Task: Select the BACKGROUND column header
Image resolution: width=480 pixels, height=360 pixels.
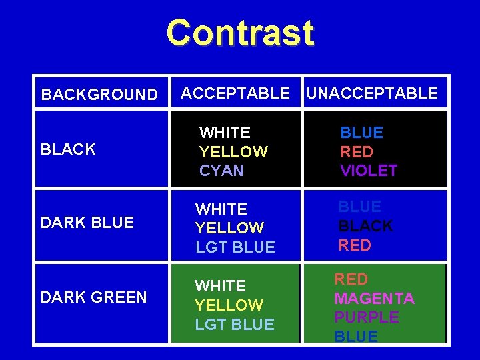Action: point(99,95)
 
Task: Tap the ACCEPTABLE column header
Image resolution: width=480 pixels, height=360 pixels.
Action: point(235,93)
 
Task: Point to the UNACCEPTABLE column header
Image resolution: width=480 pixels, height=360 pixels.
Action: point(371,93)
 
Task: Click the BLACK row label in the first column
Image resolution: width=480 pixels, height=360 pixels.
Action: point(68,149)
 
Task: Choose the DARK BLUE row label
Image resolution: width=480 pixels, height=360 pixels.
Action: point(87,223)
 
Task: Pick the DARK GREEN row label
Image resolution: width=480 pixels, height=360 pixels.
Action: point(94,297)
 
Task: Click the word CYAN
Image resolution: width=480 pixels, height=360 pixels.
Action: point(221,171)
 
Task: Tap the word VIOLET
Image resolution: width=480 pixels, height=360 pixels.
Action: point(369,171)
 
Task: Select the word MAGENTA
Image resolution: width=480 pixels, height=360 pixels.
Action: point(374,298)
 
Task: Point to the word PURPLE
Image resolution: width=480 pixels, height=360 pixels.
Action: point(367,317)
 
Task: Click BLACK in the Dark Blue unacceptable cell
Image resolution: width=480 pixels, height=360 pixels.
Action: point(365,226)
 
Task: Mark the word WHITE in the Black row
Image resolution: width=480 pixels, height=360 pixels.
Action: point(225,133)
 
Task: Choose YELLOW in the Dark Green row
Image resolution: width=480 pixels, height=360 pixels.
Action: point(229,305)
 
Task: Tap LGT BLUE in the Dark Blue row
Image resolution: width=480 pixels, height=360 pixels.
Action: point(235,247)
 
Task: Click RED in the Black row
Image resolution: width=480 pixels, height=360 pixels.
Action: point(357,152)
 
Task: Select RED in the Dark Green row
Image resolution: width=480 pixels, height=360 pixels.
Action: point(351,279)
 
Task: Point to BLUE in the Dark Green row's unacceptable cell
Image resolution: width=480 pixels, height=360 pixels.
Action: point(356,337)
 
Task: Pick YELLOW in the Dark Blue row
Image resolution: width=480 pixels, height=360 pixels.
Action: point(229,228)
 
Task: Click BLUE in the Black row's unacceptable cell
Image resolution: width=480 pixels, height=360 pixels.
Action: point(362,133)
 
